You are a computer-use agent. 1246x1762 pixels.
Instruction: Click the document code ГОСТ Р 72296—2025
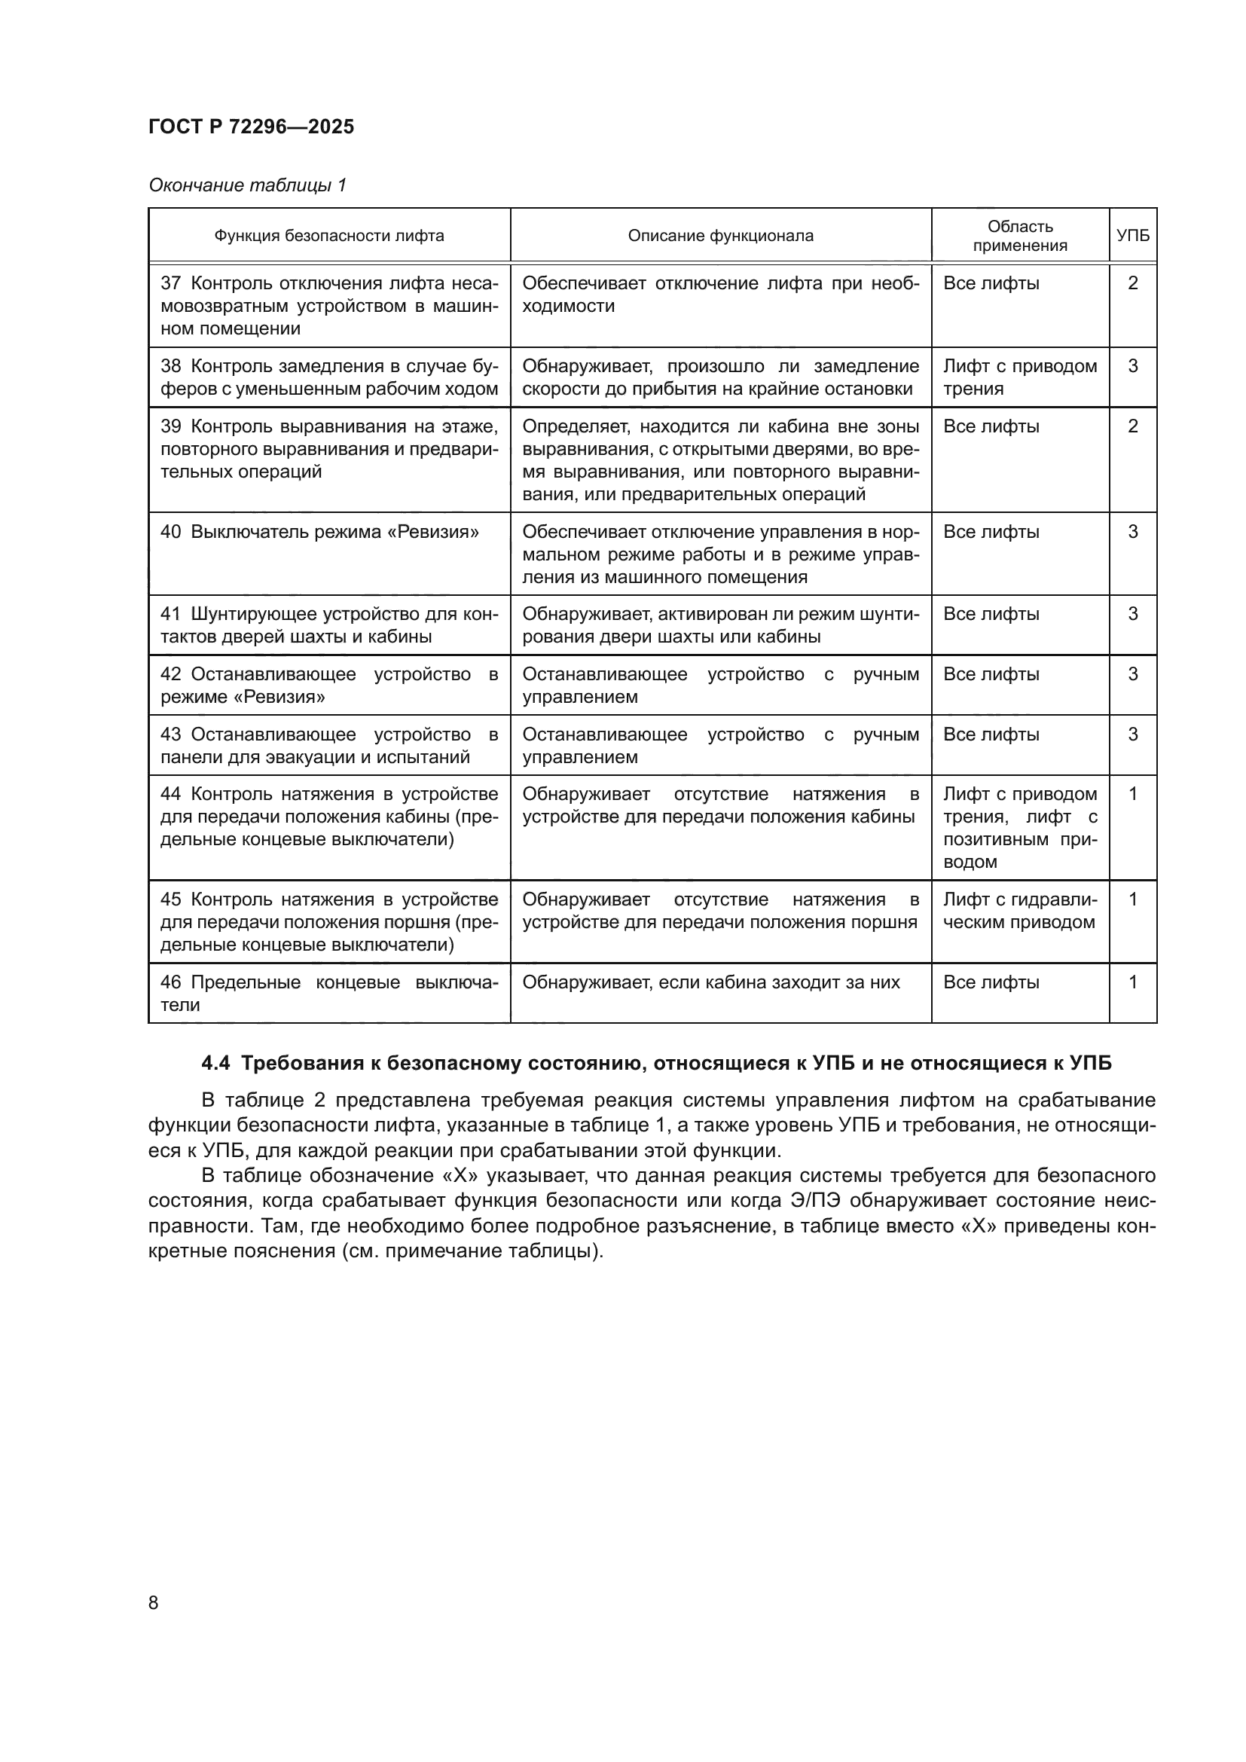click(x=251, y=127)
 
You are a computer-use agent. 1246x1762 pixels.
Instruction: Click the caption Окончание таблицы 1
click(x=247, y=185)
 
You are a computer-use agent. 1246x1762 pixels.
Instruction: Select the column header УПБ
click(x=1132, y=236)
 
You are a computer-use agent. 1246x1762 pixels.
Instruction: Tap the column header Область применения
click(x=1020, y=236)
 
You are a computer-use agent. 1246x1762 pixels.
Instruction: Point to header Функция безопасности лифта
click(x=328, y=236)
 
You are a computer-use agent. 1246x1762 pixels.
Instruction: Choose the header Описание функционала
click(x=720, y=236)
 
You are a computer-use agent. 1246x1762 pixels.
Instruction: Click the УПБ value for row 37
click(x=1132, y=283)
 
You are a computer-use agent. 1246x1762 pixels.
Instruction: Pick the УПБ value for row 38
click(x=1132, y=366)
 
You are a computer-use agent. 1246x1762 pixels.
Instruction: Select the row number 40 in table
click(x=170, y=532)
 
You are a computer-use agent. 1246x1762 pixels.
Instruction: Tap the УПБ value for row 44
click(x=1132, y=794)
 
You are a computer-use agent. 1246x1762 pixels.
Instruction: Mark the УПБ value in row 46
click(x=1132, y=982)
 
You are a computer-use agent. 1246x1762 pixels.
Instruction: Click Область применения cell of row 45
click(x=1020, y=911)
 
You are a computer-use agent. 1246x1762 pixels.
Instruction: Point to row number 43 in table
click(x=170, y=734)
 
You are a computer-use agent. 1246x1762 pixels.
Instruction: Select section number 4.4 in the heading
click(x=215, y=1064)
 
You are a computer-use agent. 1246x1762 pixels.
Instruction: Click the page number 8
click(x=154, y=1602)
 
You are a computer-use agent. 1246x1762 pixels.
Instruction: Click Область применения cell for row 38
click(x=1020, y=377)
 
